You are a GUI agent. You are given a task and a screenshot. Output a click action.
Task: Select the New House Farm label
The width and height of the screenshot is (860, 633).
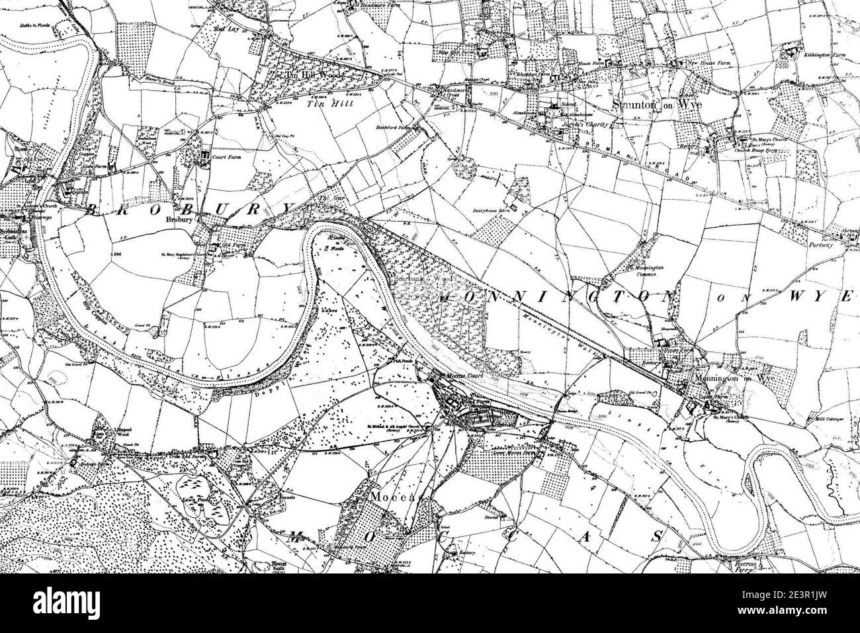point(710,63)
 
